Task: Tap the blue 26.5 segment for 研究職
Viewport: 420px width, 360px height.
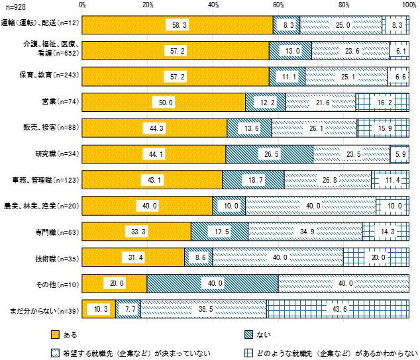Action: (269, 154)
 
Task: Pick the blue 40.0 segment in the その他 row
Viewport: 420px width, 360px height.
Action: (212, 283)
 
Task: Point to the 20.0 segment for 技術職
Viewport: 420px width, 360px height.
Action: (376, 257)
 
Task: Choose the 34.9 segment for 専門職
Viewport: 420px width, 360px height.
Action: (305, 232)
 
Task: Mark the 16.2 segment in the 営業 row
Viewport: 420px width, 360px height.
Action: (382, 102)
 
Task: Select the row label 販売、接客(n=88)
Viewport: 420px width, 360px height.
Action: (56, 128)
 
